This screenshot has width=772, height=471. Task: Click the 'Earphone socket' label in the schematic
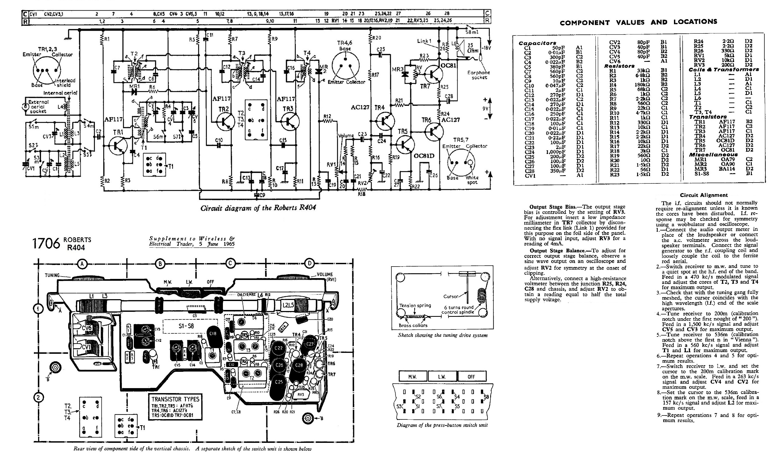pyautogui.click(x=478, y=75)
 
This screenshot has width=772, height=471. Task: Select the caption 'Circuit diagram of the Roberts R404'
pyautogui.click(x=258, y=208)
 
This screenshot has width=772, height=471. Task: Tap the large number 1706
pyautogui.click(x=46, y=244)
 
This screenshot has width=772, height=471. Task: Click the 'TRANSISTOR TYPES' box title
pyautogui.click(x=175, y=399)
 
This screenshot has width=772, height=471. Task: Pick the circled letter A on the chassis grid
pyautogui.click(x=82, y=264)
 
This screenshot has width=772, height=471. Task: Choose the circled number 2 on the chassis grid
pyautogui.click(x=38, y=398)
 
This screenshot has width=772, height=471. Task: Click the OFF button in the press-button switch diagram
pyautogui.click(x=471, y=377)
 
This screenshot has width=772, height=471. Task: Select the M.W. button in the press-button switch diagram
pyautogui.click(x=412, y=377)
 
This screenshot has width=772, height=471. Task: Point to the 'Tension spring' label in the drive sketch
pyautogui.click(x=415, y=305)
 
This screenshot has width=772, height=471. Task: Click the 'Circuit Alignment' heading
pyautogui.click(x=703, y=195)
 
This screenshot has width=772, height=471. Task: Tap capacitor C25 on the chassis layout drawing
pyautogui.click(x=279, y=382)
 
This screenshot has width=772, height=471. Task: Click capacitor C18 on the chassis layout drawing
pyautogui.click(x=212, y=334)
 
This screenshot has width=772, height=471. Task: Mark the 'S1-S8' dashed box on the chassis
pyautogui.click(x=186, y=326)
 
